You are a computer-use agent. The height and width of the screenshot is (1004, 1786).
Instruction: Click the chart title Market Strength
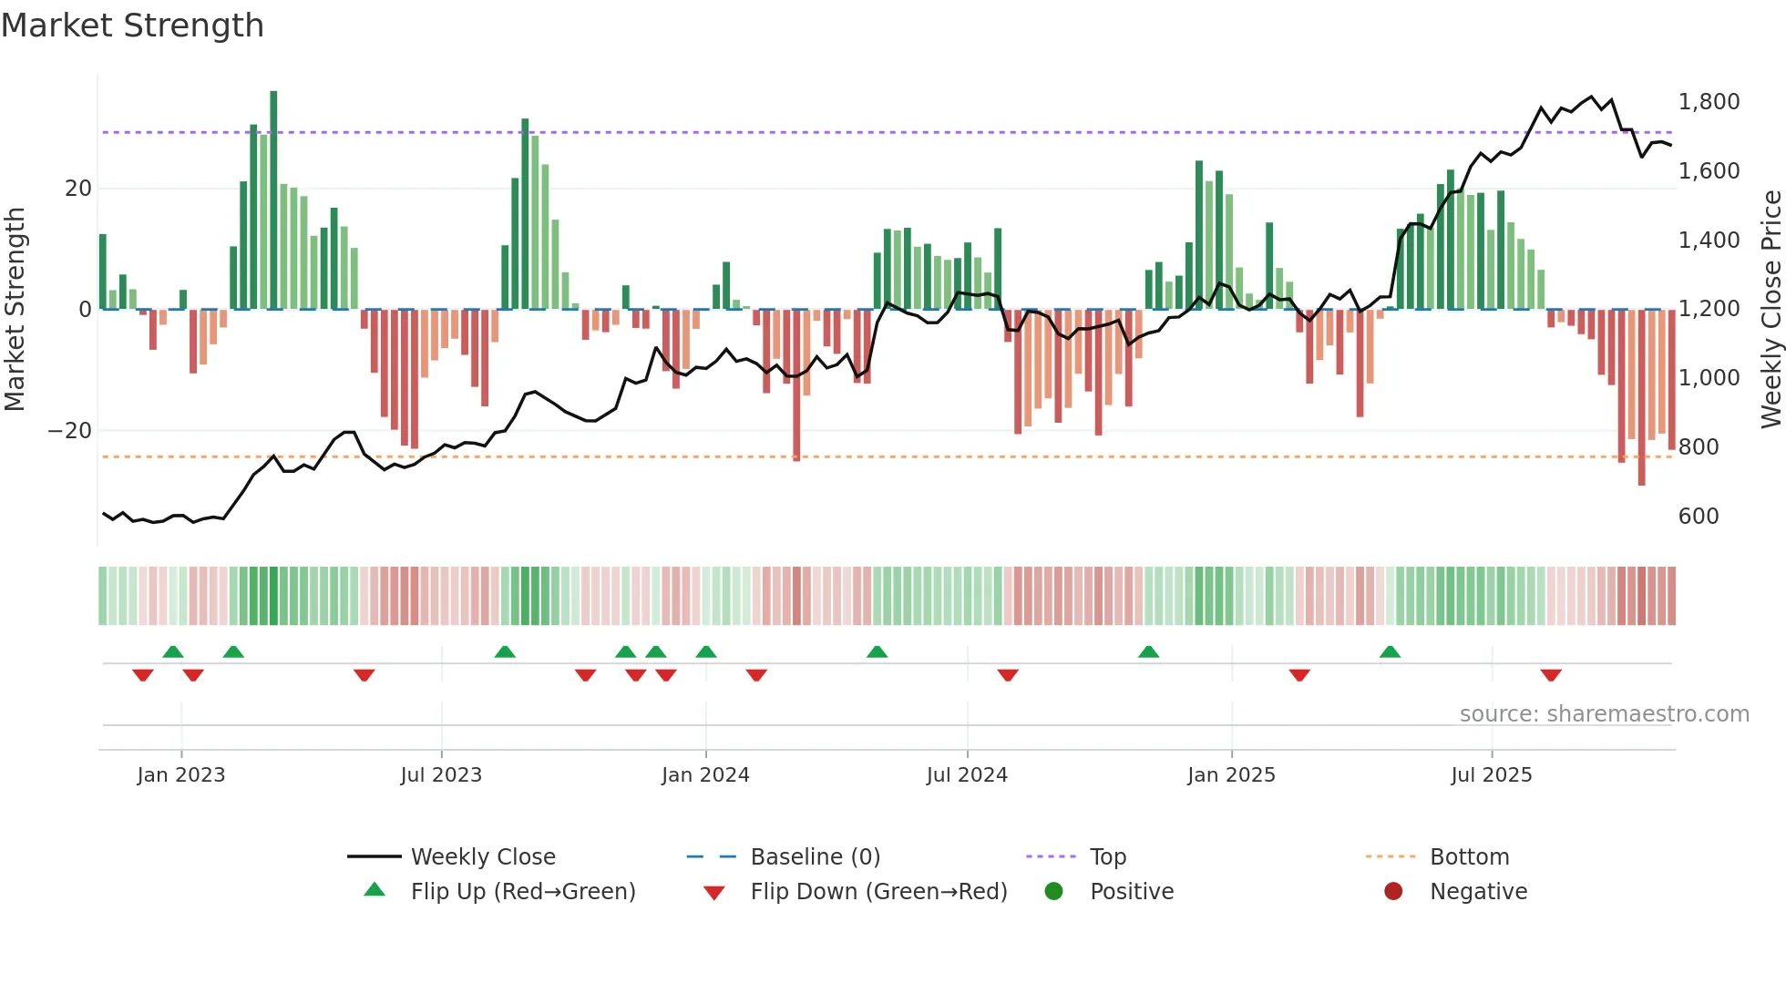coord(132,26)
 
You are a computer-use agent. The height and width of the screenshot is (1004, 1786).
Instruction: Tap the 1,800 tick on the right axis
coord(1709,102)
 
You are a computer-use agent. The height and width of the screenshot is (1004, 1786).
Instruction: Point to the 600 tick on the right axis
coord(1699,517)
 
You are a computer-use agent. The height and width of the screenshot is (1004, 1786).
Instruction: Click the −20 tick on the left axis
coord(70,430)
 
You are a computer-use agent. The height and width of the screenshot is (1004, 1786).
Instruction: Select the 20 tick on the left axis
coord(78,189)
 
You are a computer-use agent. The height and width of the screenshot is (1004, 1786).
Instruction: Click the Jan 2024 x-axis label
coord(705,775)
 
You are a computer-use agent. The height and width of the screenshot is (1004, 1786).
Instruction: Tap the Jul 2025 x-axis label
coord(1491,775)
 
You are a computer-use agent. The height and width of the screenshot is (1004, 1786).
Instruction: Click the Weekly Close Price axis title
coord(1771,310)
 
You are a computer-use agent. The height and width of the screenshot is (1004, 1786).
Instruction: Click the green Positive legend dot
coord(1054,892)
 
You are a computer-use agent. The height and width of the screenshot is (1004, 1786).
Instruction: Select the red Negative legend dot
coord(1393,892)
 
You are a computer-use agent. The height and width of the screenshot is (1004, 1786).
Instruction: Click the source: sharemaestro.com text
coord(1604,714)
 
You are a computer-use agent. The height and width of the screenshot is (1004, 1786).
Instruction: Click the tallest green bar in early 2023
coord(273,200)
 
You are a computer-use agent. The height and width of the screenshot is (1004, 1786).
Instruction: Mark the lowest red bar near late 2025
coord(1641,397)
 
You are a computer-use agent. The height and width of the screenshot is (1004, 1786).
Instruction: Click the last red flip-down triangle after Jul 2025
coord(1551,675)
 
